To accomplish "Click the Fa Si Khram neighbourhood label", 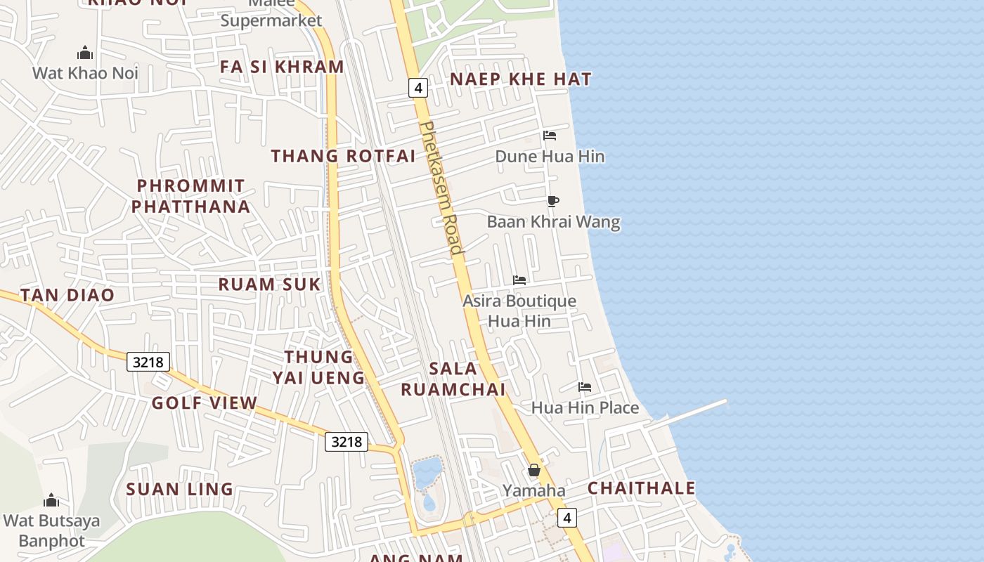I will (282, 67).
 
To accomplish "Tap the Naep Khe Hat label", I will (520, 79).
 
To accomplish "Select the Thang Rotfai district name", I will (343, 156).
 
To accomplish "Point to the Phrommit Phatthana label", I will (190, 196).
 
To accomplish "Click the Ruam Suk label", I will (269, 285).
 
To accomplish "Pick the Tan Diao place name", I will (67, 295).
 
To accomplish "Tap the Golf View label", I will (205, 403).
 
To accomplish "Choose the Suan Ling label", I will (179, 489).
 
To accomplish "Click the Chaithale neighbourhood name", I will (641, 488).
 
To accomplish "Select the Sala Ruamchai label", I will (453, 379).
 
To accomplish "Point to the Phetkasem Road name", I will (441, 188).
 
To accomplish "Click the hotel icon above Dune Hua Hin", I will (550, 136).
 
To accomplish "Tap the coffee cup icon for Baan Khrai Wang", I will (553, 202).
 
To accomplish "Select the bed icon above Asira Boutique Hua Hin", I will (519, 280).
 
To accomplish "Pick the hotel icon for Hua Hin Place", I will (584, 387).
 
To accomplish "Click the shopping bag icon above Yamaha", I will (534, 470).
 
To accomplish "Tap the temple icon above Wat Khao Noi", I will (85, 53).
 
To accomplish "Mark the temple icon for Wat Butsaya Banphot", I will (51, 501).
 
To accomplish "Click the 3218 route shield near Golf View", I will (148, 362).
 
